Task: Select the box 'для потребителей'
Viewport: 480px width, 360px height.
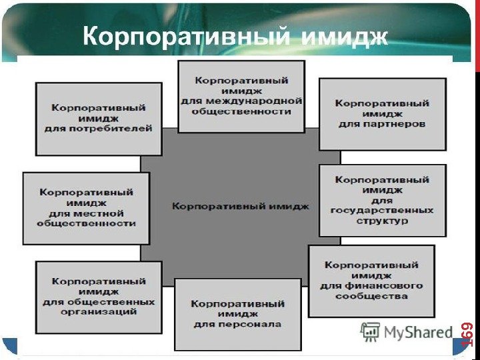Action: tap(99, 119)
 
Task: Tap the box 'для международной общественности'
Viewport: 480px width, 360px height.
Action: tap(241, 96)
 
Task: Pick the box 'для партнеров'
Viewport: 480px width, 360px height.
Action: tap(382, 114)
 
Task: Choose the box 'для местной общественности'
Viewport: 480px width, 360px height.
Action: tap(86, 208)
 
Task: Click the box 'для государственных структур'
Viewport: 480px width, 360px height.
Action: tap(382, 200)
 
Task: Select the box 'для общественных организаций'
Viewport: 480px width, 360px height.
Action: tap(99, 297)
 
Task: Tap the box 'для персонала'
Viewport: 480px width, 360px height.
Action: tap(237, 314)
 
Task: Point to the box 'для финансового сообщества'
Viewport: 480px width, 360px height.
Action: tap(371, 280)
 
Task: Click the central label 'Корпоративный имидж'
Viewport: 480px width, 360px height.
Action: tap(240, 207)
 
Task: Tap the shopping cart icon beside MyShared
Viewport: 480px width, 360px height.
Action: tap(370, 331)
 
